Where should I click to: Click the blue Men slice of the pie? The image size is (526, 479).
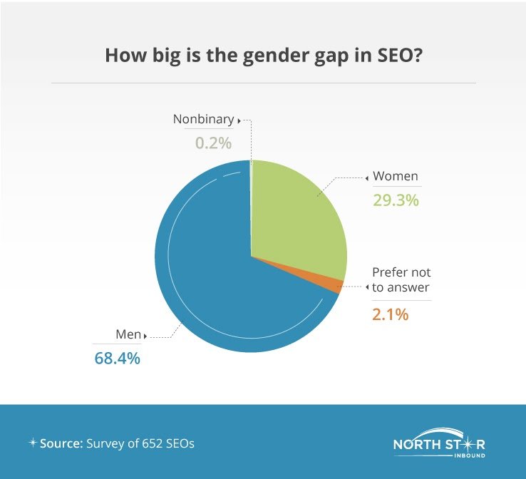pos(215,268)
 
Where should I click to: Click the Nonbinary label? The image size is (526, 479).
pos(203,119)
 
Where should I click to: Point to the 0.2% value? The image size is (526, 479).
pos(213,143)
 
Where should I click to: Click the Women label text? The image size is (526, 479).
pos(396,176)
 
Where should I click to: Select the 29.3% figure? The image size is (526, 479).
pos(396,200)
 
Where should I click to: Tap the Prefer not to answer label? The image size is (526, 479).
pos(401,279)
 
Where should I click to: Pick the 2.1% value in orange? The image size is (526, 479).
pos(390,314)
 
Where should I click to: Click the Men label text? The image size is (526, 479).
pos(128,334)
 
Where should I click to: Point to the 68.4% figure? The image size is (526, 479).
pos(118,359)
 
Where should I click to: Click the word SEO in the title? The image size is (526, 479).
pos(395,56)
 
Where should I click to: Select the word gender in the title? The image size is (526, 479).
pos(274,56)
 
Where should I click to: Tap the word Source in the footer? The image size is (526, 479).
pos(61,443)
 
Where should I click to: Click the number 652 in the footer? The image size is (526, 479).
pos(153,443)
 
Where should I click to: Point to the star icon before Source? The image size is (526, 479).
pos(33,443)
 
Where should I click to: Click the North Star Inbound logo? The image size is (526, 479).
pos(439,443)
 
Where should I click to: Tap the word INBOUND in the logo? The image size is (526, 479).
pos(470,455)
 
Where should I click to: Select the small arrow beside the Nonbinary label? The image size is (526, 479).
pos(239,120)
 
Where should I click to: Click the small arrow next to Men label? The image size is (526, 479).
pos(145,336)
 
